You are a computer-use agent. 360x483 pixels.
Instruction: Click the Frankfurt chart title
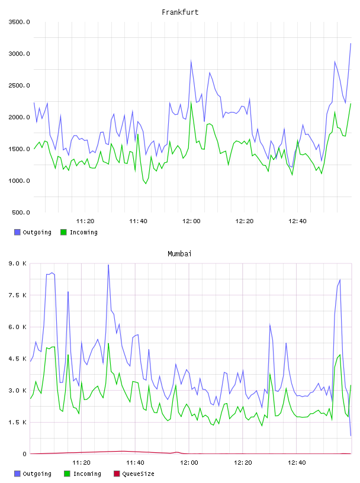point(180,12)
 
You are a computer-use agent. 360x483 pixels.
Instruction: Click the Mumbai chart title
point(179,254)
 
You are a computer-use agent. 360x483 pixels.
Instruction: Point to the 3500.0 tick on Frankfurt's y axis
point(19,22)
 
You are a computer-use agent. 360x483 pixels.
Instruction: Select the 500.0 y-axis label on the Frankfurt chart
point(21,212)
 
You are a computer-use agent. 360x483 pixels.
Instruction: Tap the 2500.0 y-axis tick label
point(19,85)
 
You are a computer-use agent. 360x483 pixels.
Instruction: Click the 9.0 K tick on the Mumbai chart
point(18,263)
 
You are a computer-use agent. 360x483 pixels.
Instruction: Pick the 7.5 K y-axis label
point(18,295)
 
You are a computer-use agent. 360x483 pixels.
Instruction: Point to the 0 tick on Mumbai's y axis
point(24,454)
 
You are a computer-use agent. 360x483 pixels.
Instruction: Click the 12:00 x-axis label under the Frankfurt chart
point(191,221)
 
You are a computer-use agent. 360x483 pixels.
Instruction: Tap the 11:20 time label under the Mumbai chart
point(81,463)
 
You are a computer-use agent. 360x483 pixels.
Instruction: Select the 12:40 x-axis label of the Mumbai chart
point(297,463)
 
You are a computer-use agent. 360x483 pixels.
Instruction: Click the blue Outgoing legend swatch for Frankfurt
point(17,232)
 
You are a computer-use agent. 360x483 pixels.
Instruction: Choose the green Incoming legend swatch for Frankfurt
point(63,232)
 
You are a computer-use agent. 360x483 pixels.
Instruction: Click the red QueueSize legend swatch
point(117,474)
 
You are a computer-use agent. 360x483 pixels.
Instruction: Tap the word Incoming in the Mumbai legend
point(87,474)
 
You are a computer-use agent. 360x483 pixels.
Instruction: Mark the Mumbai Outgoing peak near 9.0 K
point(108,265)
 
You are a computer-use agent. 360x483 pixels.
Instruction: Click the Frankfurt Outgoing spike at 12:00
point(191,61)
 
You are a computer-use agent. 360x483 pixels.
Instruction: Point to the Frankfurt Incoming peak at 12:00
point(191,102)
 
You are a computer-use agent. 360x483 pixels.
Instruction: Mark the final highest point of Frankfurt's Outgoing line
point(351,44)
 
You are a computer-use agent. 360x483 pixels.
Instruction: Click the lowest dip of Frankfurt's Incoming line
point(146,183)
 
